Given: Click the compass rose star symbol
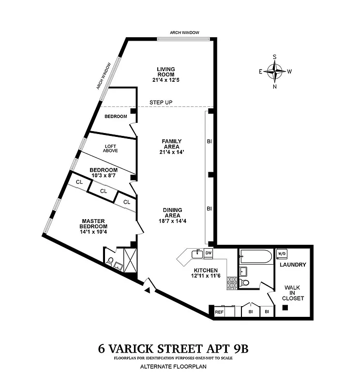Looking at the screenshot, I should pyautogui.click(x=275, y=72).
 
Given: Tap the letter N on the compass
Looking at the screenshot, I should pyautogui.click(x=275, y=87).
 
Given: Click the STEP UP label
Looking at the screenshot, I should pyautogui.click(x=161, y=103).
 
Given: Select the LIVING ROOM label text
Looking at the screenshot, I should pyautogui.click(x=165, y=72).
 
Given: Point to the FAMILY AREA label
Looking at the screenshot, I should pyautogui.click(x=171, y=144).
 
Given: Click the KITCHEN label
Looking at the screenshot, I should pyautogui.click(x=206, y=270).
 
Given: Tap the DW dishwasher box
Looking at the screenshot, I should pyautogui.click(x=209, y=253).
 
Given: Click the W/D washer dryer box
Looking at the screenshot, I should pyautogui.click(x=281, y=253).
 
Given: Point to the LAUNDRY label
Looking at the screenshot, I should pyautogui.click(x=293, y=265).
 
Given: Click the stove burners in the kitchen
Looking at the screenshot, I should pyautogui.click(x=231, y=283).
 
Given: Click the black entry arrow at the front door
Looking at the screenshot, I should pyautogui.click(x=148, y=290).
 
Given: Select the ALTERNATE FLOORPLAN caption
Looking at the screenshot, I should pyautogui.click(x=173, y=367).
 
